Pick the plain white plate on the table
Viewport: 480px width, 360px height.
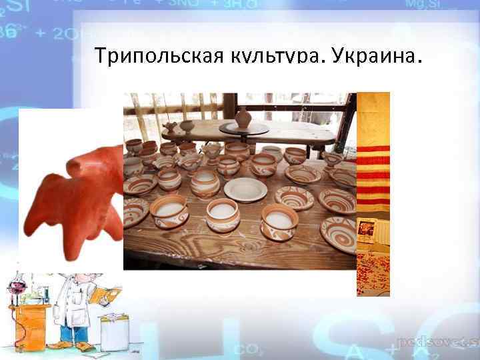245,189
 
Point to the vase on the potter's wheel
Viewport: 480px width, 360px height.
243,119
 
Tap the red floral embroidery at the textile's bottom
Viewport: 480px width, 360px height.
373,273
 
